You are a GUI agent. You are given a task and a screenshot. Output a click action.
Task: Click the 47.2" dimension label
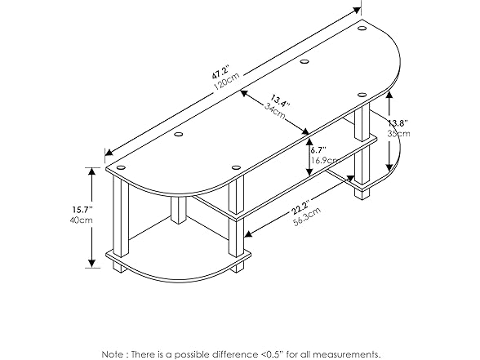(x=220, y=72)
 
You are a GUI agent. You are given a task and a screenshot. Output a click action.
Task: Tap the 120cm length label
(x=226, y=82)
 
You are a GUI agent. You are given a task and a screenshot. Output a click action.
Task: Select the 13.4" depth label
(x=279, y=102)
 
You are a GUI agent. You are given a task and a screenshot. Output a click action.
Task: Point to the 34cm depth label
(x=274, y=111)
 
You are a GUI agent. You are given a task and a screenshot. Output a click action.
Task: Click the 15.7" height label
(x=82, y=210)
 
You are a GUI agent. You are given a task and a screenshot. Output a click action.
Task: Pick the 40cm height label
(x=81, y=220)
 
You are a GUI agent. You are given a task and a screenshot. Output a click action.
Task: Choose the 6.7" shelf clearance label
(x=318, y=150)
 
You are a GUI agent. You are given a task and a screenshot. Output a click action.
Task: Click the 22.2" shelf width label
(x=300, y=207)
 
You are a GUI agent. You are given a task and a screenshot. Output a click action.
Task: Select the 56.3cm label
(x=307, y=216)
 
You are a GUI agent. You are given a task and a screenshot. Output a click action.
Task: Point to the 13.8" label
(x=398, y=124)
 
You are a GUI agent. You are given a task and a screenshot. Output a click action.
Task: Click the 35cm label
(x=399, y=134)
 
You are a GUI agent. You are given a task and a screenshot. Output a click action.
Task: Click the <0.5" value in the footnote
(x=272, y=354)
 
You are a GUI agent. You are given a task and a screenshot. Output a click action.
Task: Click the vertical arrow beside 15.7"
(x=91, y=218)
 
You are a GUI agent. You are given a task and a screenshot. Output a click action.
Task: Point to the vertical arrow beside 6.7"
(x=309, y=158)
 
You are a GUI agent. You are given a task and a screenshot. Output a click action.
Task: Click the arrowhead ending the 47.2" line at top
(x=357, y=10)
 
